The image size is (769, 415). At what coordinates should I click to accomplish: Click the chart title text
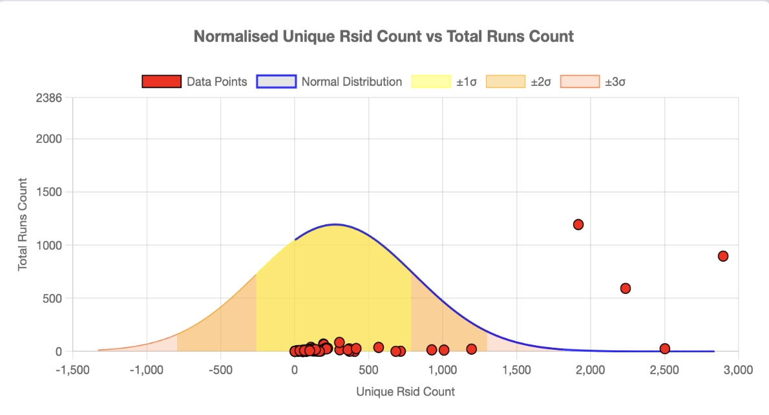tap(384, 36)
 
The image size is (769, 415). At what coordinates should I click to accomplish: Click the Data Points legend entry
tap(195, 82)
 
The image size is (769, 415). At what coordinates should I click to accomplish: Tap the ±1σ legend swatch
tap(431, 82)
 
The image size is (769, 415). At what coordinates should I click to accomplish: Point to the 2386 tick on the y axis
tap(50, 98)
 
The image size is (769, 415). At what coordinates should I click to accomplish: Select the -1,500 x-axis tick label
tap(72, 370)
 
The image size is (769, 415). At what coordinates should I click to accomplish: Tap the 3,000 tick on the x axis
tap(737, 370)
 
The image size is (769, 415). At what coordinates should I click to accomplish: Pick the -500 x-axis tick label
tap(220, 370)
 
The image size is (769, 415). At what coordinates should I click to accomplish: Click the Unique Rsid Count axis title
tap(405, 392)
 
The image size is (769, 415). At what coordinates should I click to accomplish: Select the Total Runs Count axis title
tap(23, 224)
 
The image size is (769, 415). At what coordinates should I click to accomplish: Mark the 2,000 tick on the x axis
tap(589, 370)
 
